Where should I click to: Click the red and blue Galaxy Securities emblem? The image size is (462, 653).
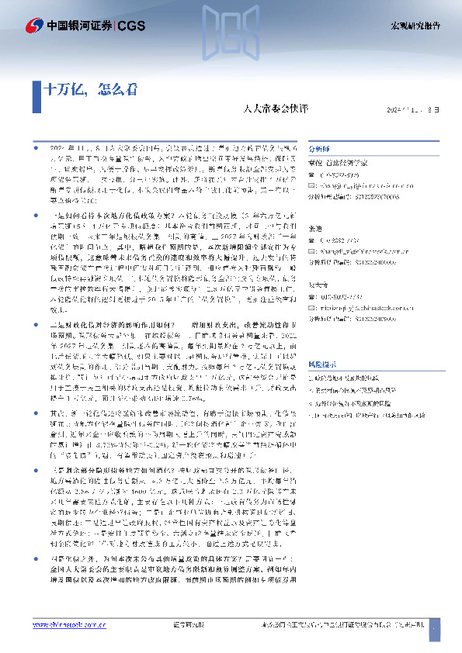(x=33, y=25)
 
